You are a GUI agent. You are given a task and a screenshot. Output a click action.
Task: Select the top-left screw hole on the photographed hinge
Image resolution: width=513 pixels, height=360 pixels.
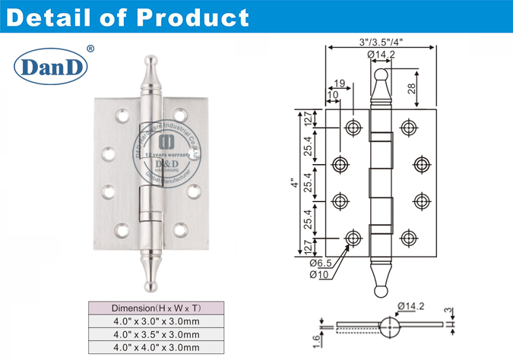pos(121,115)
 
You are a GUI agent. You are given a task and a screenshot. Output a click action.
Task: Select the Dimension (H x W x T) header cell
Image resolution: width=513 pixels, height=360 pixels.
pos(155,309)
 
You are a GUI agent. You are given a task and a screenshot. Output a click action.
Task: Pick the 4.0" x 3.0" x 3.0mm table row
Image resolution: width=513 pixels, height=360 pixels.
pos(155,322)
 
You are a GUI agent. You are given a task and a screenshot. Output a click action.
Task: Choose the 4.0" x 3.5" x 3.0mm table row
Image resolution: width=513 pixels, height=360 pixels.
pos(155,335)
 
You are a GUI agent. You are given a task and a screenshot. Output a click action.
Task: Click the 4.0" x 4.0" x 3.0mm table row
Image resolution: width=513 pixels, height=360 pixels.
pos(155,348)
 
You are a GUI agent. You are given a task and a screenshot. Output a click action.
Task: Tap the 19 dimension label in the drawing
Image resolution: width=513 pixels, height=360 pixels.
pos(340,84)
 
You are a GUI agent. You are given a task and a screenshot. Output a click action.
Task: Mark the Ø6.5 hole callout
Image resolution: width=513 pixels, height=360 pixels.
pos(319,264)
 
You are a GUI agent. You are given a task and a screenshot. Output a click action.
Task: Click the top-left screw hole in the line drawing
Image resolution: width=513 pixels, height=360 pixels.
pos(352,126)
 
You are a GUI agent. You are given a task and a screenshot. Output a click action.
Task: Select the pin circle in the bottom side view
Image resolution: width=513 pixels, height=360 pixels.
pos(391,326)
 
